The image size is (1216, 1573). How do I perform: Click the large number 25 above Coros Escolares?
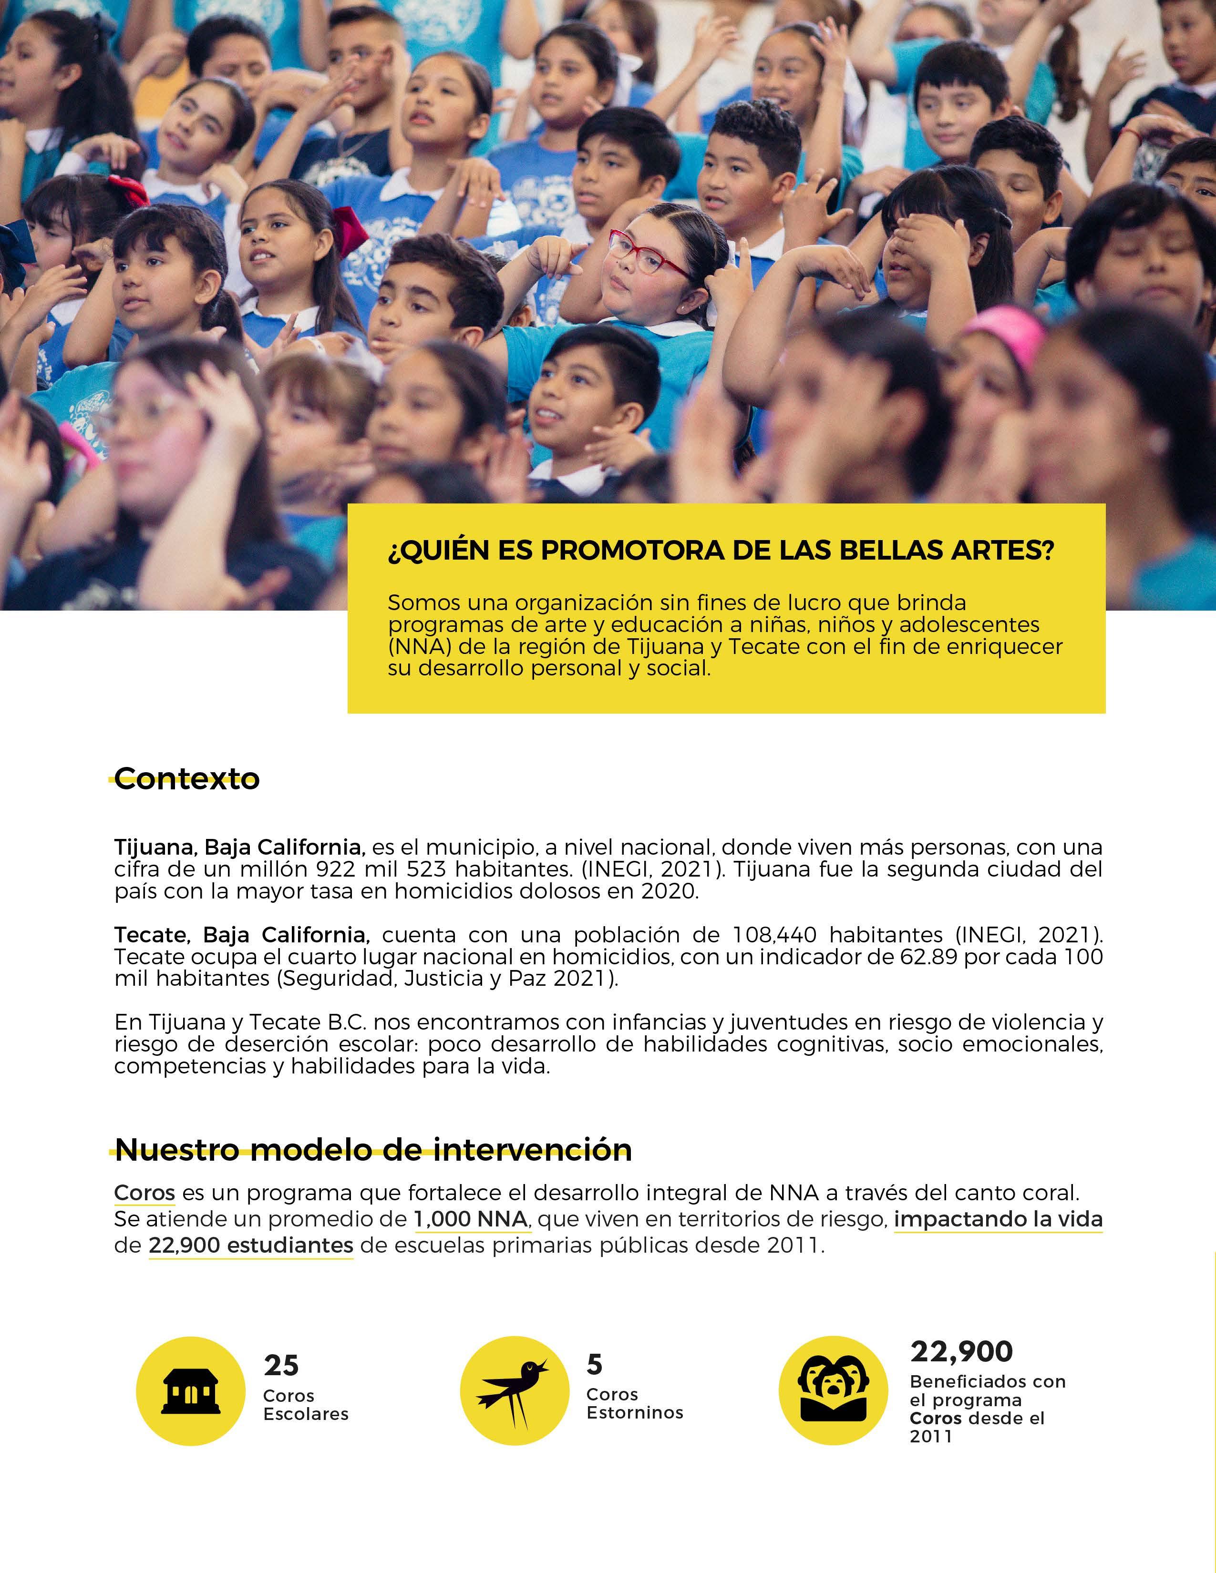click(x=281, y=1365)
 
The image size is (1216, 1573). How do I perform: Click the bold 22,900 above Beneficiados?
click(x=961, y=1351)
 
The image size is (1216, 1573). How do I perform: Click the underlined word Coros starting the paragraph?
click(x=144, y=1194)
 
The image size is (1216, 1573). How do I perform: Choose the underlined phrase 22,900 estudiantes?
click(x=251, y=1245)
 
